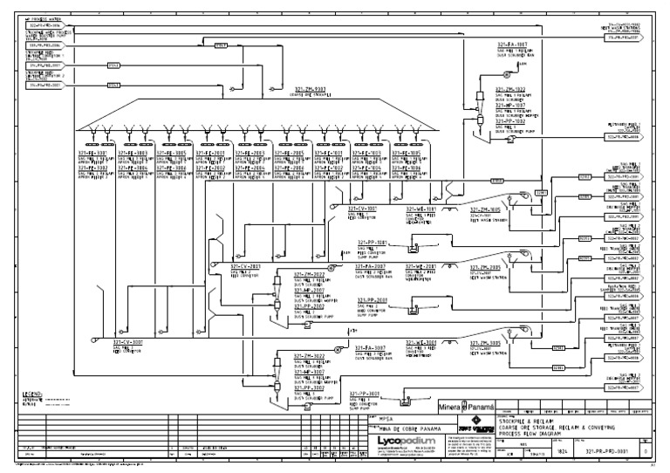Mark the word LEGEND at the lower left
[x=31, y=394]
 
